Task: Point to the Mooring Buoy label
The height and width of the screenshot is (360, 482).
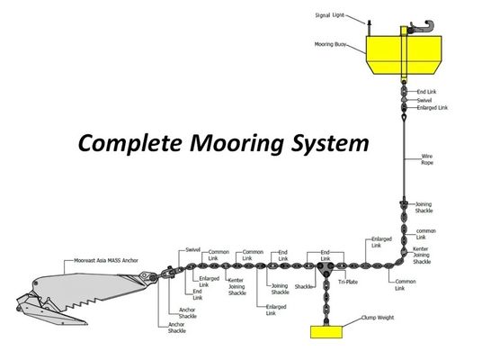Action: tap(330, 43)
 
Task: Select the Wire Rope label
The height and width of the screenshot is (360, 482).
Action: tap(427, 160)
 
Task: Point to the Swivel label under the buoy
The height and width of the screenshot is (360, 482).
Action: tap(424, 100)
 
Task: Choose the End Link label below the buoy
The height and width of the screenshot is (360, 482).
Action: tap(426, 92)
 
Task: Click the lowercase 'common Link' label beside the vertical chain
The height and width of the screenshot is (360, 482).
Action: tap(425, 233)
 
